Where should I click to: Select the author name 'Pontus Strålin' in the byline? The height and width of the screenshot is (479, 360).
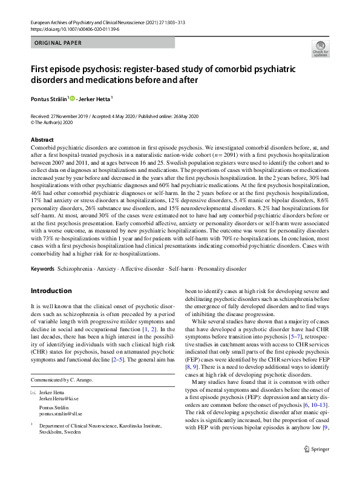tap(49, 97)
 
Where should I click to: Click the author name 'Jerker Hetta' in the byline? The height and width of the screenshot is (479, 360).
tap(95, 97)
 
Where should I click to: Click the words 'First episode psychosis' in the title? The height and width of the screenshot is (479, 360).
tap(74, 69)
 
